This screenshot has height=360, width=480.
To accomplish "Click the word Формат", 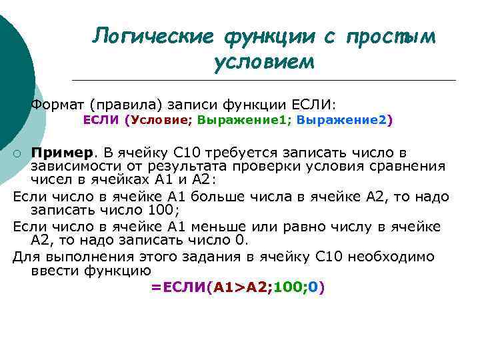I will (58, 105).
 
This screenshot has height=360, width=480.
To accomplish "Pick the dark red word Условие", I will (161, 120).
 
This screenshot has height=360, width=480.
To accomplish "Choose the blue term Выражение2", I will (341, 120).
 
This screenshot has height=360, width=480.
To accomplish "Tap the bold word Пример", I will (63, 153).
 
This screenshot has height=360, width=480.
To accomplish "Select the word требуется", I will (236, 153).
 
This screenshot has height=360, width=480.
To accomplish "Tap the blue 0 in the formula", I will (313, 287).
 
